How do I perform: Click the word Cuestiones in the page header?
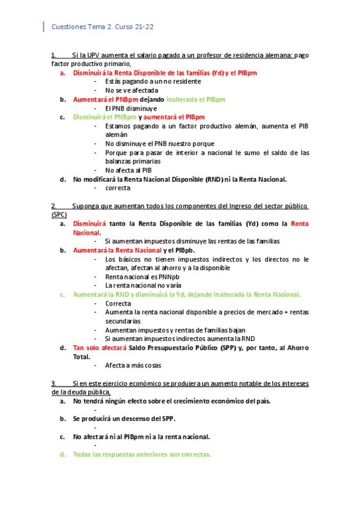click(x=69, y=26)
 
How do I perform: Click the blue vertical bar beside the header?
click(x=43, y=26)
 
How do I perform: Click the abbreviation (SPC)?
click(x=59, y=215)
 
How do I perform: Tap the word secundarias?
click(x=124, y=321)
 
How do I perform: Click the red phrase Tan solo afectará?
click(x=99, y=348)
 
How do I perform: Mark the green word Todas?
click(x=83, y=455)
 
